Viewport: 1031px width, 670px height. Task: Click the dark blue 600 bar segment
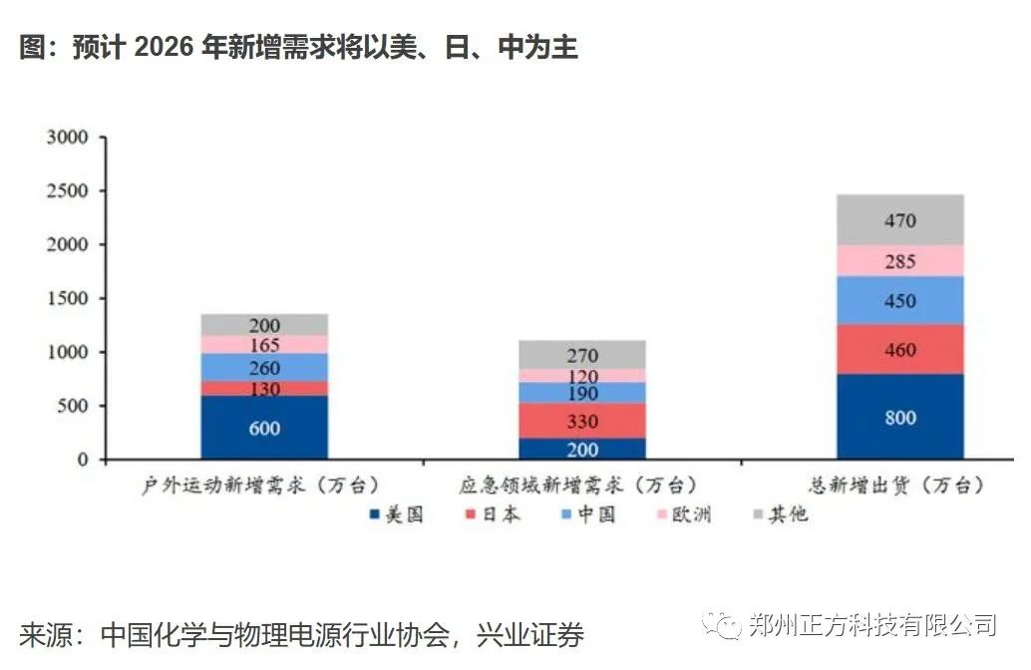coord(264,428)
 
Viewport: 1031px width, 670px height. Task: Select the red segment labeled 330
coord(581,421)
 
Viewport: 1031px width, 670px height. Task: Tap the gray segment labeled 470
coord(899,220)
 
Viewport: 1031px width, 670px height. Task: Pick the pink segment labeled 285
coord(899,261)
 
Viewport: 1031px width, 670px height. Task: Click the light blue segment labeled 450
coord(899,301)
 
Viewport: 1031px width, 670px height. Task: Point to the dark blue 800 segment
coord(899,418)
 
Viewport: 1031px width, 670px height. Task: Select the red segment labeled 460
coord(899,350)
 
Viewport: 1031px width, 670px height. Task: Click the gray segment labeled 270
coord(581,354)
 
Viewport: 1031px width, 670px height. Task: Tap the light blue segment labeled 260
coord(264,367)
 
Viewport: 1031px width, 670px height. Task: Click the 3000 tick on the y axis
coord(68,137)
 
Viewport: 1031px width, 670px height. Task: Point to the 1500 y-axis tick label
coord(68,298)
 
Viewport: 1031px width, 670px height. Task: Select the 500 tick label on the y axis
coord(75,406)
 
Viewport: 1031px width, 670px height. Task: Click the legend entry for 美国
coord(396,514)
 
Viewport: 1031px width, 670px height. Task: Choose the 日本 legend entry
coord(493,514)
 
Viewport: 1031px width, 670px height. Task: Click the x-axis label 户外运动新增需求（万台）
coord(264,486)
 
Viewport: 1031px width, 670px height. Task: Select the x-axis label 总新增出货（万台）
coord(899,486)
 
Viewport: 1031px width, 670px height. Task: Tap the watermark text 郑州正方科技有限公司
coord(871,625)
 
